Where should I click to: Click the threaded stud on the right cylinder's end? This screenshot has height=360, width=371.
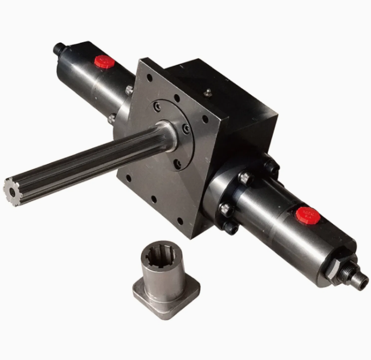click(359, 280)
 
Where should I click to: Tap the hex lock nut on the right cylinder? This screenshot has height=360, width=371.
click(336, 269)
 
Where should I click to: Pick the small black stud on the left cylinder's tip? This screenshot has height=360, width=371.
click(58, 48)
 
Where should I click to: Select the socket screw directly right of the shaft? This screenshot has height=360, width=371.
click(187, 129)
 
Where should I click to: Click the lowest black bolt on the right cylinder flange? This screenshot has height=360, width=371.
click(231, 229)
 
